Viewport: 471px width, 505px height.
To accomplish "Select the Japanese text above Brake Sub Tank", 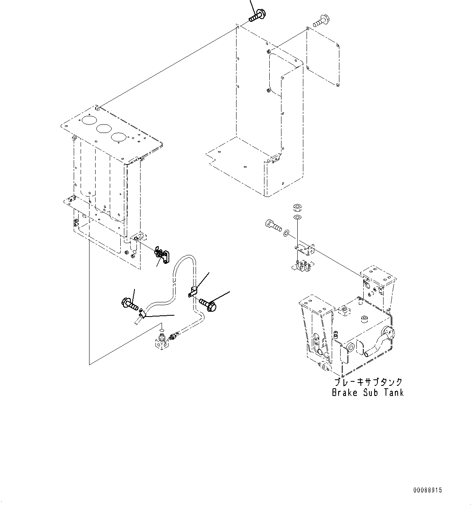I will (368, 382).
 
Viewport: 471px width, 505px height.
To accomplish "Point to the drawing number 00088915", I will (427, 490).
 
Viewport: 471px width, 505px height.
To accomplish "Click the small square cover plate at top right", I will (323, 57).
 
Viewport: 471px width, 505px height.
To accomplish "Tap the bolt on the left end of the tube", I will (130, 303).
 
